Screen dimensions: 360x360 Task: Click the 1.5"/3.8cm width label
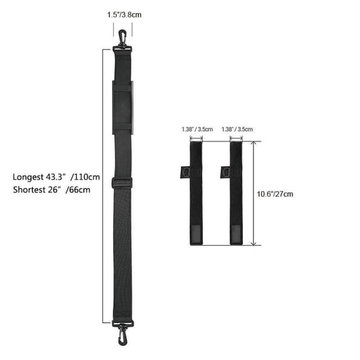pyautogui.click(x=124, y=15)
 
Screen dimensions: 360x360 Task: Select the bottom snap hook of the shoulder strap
pyautogui.click(x=123, y=335)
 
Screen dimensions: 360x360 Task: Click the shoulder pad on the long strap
pyautogui.click(x=123, y=107)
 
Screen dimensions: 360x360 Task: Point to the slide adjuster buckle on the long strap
pyautogui.click(x=122, y=183)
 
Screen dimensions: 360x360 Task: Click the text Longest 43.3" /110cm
pyautogui.click(x=56, y=177)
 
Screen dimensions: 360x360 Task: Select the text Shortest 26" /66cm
pyautogui.click(x=51, y=190)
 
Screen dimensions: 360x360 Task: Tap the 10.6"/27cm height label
pyautogui.click(x=275, y=194)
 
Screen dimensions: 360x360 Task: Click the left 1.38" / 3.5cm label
pyautogui.click(x=197, y=129)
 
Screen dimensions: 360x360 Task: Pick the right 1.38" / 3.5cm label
pyautogui.click(x=237, y=129)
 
